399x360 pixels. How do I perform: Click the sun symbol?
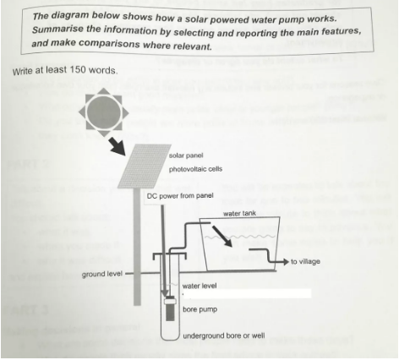click(x=103, y=112)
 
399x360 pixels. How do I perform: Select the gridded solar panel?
click(x=145, y=166)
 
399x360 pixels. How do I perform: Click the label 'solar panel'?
click(x=186, y=155)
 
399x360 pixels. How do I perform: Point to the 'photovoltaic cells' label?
click(x=195, y=169)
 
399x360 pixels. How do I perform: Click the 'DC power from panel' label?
click(x=180, y=196)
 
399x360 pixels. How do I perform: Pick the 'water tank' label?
click(x=239, y=214)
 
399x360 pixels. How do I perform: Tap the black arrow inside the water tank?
click(x=223, y=236)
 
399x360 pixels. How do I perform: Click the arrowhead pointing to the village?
click(x=286, y=262)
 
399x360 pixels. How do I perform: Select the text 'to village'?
click(x=305, y=262)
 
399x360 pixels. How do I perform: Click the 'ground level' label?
click(x=102, y=274)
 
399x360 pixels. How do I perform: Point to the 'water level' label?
click(x=199, y=286)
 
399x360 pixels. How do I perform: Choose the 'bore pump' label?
click(x=199, y=309)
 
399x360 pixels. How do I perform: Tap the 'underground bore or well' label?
click(x=224, y=335)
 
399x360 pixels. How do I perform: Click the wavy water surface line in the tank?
click(x=240, y=236)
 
